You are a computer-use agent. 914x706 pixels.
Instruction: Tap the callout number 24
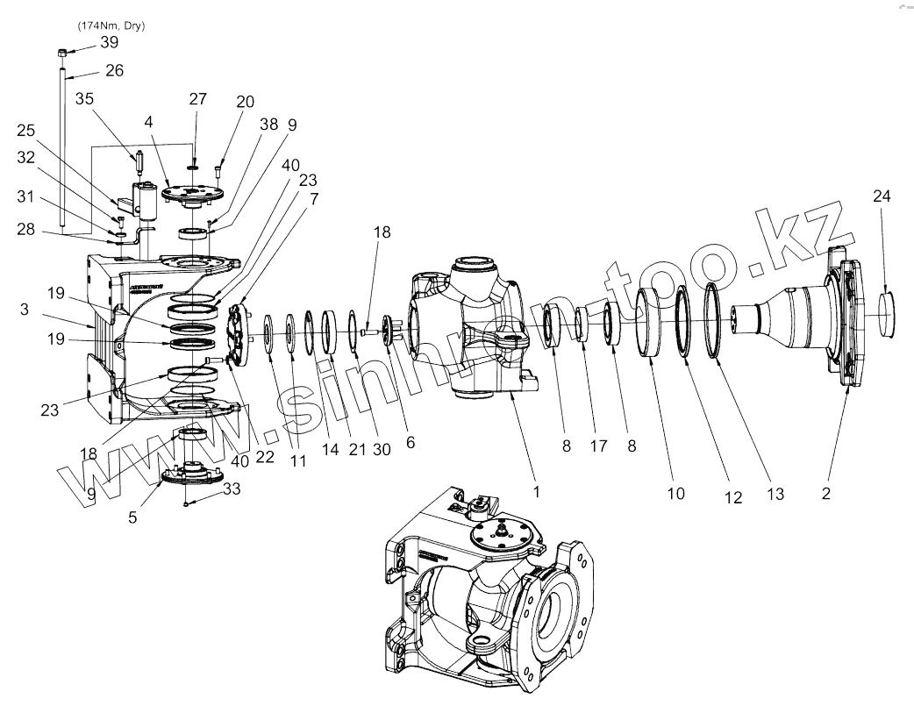pos(882,196)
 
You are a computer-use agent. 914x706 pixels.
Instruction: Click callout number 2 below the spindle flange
pos(826,493)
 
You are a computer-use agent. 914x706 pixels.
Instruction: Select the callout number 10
pos(675,493)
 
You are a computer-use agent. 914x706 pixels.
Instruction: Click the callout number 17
pos(598,446)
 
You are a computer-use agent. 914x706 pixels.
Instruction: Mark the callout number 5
pos(132,517)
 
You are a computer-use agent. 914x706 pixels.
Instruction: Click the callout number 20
pos(244,101)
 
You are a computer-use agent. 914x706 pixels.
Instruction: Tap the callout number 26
pos(115,70)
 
